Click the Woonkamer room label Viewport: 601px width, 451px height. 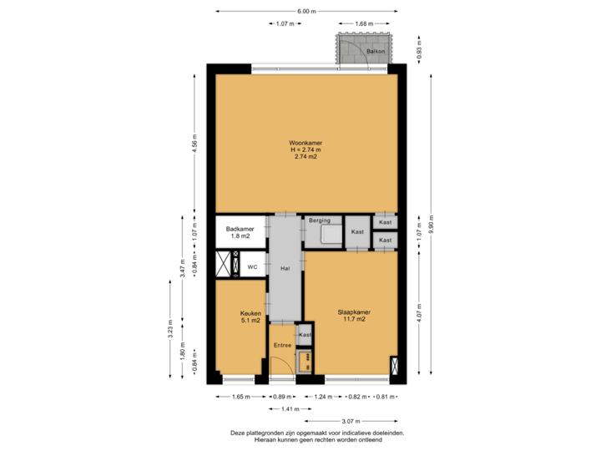pos(306,144)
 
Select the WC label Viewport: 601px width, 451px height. pos(251,267)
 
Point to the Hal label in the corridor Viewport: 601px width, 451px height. pos(285,268)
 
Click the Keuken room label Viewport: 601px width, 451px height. pos(250,314)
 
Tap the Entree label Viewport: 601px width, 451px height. pos(282,344)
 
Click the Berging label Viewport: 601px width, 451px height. pos(320,220)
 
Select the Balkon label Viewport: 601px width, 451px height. pos(376,52)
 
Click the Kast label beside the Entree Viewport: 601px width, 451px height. pos(306,334)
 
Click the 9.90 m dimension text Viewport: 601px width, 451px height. pos(432,225)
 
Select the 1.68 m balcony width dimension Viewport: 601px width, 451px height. pos(363,23)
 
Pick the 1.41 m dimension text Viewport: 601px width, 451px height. pos(290,409)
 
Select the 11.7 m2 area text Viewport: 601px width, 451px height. pos(353,320)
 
